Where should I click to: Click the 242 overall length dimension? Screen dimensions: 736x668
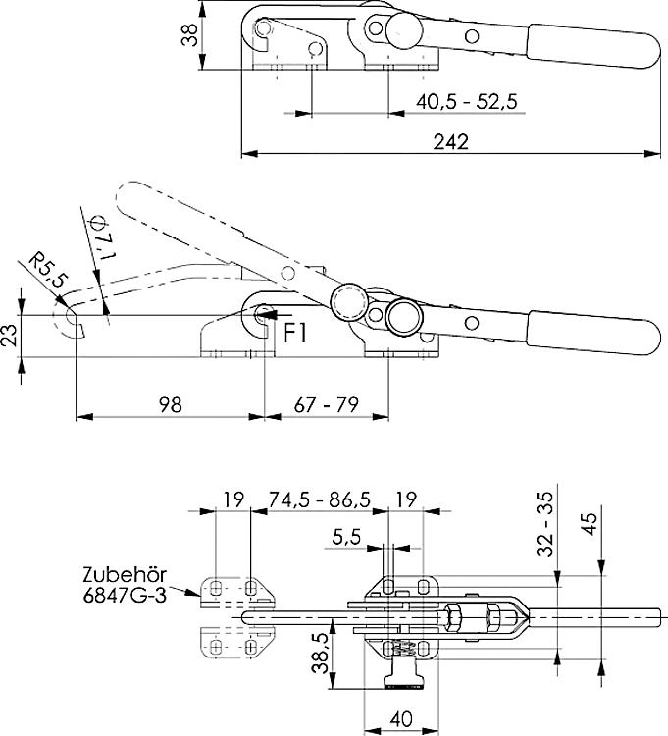pos(449,141)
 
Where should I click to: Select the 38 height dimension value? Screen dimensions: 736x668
pos(191,35)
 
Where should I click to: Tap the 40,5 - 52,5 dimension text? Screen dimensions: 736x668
pos(466,101)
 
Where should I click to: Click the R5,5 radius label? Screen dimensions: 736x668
pos(46,269)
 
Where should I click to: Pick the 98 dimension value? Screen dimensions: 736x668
pos(169,403)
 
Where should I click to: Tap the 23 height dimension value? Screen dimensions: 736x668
pos(8,337)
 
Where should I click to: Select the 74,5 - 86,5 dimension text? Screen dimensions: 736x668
pos(319,499)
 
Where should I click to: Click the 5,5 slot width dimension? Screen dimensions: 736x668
pos(346,537)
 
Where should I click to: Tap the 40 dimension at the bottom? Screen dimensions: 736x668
pos(401,718)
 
